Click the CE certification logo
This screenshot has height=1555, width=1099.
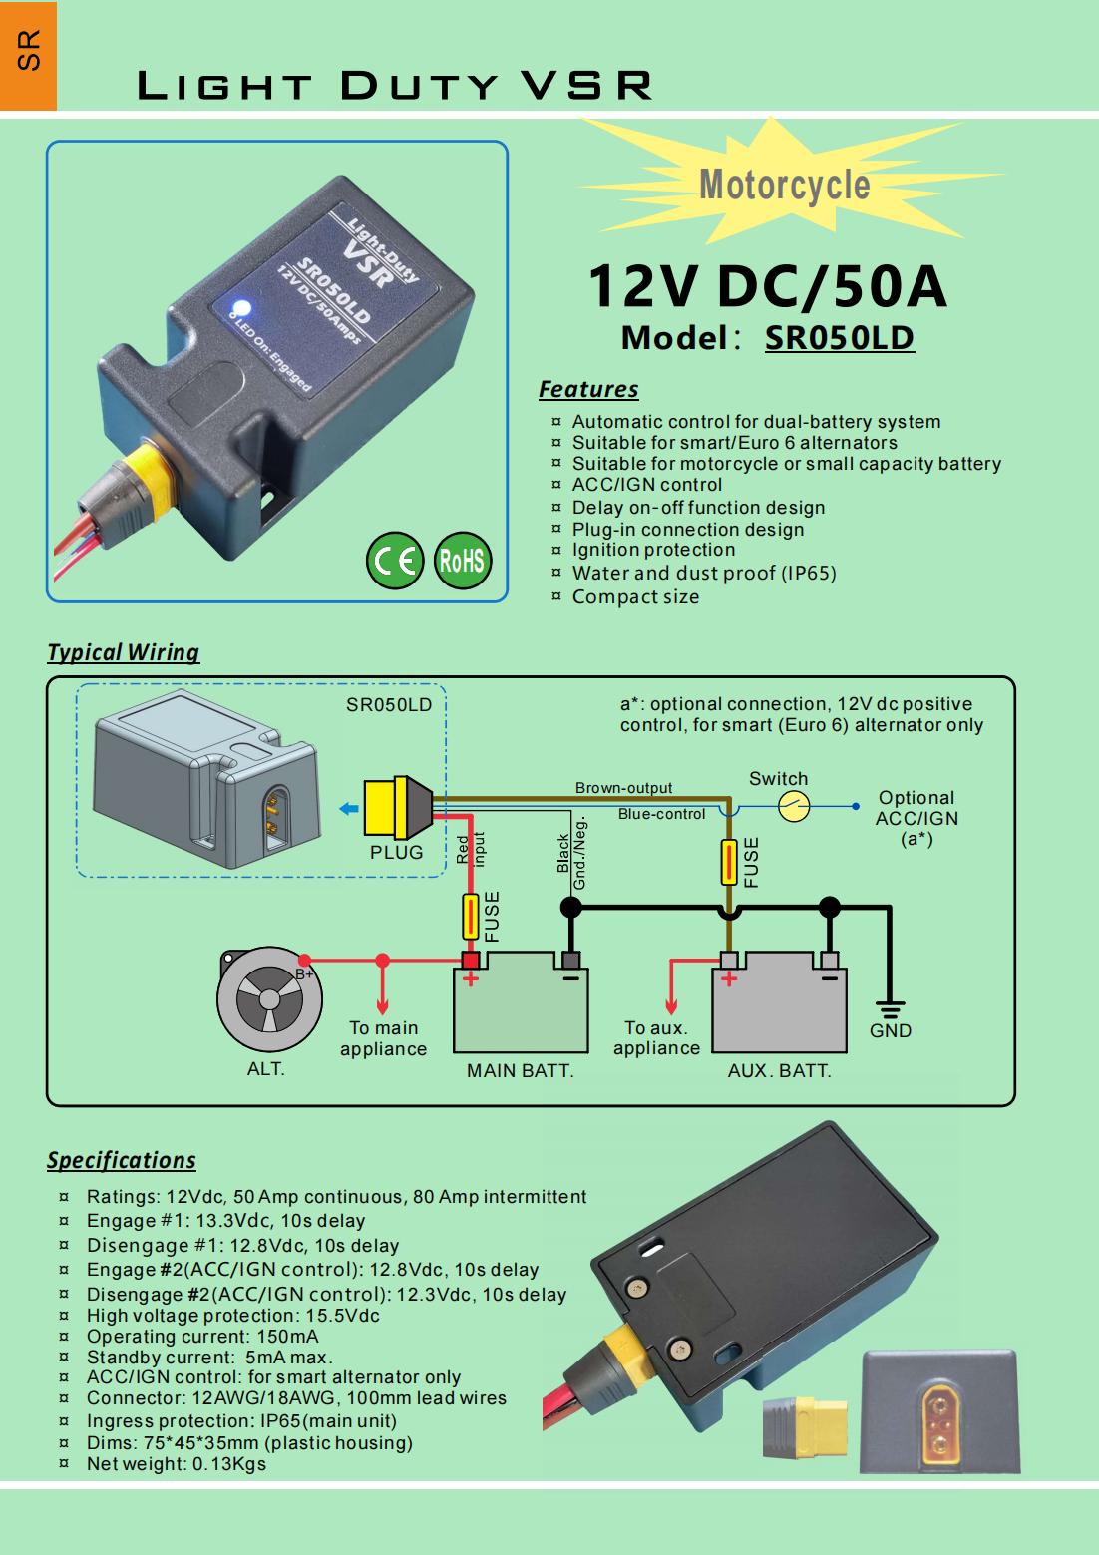pos(395,561)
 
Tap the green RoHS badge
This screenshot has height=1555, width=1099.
pos(462,561)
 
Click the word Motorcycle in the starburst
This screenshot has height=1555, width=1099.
pos(784,185)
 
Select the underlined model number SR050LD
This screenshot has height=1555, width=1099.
pos(839,338)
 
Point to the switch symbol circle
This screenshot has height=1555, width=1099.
pos(793,806)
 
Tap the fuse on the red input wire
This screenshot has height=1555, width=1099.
pos(471,917)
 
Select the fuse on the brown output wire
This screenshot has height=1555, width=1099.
pos(729,862)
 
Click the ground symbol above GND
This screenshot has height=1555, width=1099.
pos(890,1008)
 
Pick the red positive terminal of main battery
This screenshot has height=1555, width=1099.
pos(470,961)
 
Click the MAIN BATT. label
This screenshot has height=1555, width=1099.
pos(521,1071)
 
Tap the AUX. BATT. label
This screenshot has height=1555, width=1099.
pos(779,1071)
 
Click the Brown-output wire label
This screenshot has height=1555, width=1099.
pos(623,788)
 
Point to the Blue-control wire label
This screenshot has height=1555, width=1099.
pos(661,814)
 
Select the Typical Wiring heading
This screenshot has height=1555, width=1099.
pos(123,652)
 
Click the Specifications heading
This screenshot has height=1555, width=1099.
pos(121,1160)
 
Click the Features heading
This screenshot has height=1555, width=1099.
pos(588,389)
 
